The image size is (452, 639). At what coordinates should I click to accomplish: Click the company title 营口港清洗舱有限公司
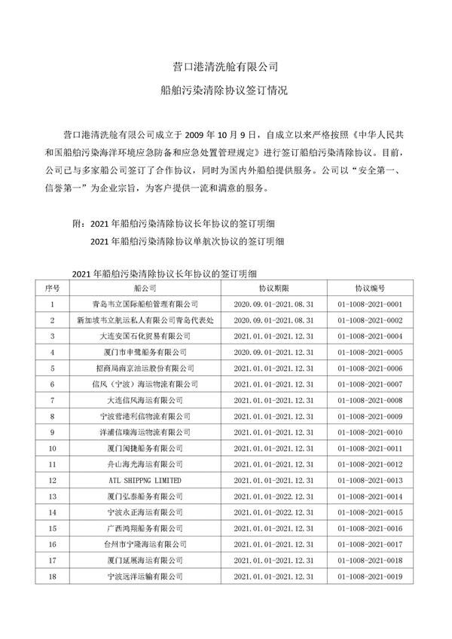[x=225, y=66]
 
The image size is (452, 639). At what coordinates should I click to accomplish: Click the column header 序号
[x=52, y=288]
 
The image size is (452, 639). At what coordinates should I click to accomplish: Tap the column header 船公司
[x=145, y=288]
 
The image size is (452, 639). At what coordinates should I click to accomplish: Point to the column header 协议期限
[x=274, y=288]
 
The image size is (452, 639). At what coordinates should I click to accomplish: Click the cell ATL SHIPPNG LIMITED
[x=145, y=480]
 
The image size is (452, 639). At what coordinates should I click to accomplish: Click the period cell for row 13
[x=274, y=496]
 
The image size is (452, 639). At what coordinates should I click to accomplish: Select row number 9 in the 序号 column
[x=52, y=432]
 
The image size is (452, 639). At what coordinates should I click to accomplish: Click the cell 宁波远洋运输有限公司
[x=145, y=576]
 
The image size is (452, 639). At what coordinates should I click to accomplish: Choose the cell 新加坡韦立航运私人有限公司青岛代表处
[x=145, y=319]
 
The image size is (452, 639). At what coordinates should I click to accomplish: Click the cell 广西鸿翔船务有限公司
[x=145, y=528]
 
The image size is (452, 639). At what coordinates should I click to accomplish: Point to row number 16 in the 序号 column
[x=52, y=544]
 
